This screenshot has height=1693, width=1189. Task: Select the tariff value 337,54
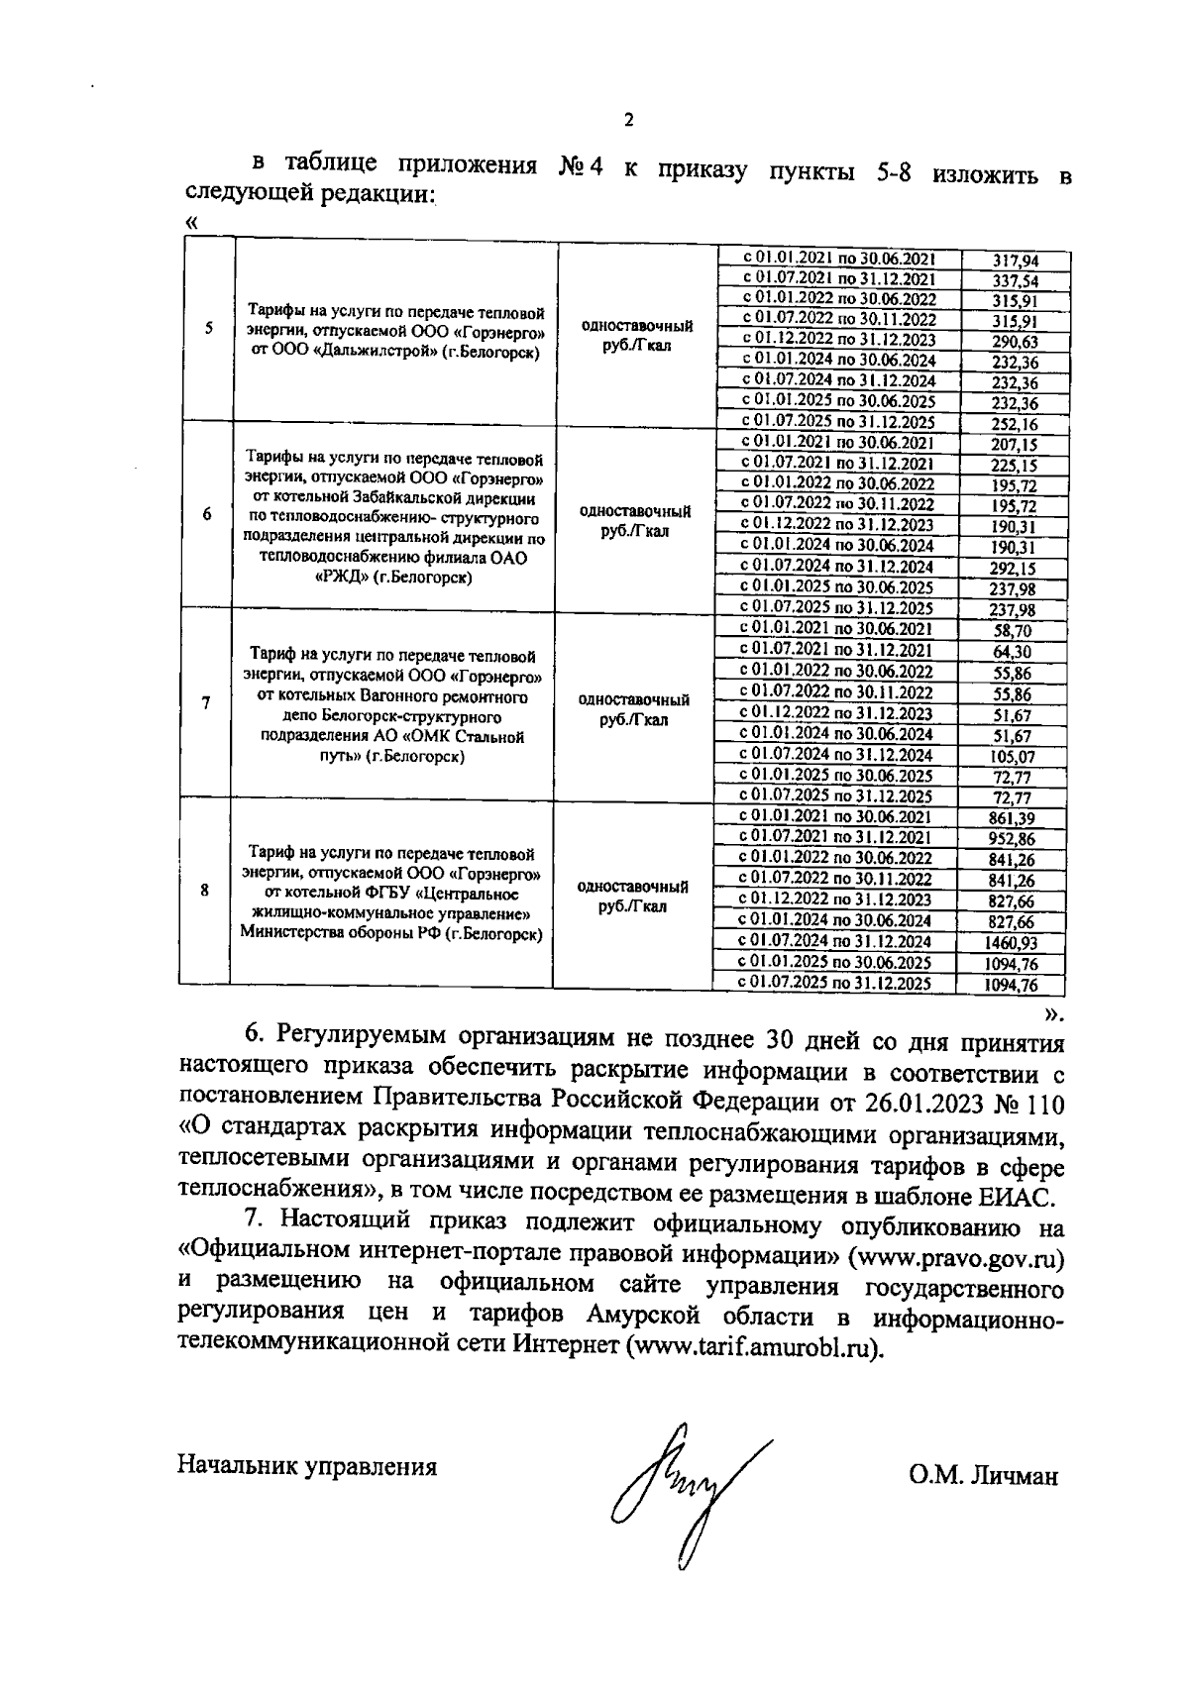tap(1015, 281)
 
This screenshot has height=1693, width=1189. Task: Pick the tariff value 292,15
tap(1014, 569)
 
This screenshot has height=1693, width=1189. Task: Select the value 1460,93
tap(1012, 943)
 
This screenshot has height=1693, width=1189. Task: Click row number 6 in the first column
tap(206, 515)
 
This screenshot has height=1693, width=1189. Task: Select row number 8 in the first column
tap(205, 890)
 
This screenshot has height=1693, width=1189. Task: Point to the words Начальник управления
tap(307, 1466)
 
